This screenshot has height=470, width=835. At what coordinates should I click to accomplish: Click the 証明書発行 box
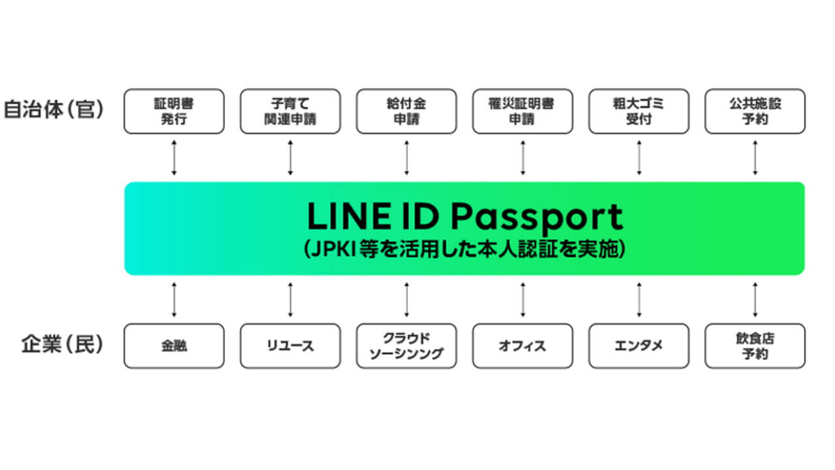[174, 112]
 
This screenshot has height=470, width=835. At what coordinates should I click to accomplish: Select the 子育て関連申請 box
[290, 112]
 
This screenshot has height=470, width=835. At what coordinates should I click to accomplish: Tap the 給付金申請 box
[406, 112]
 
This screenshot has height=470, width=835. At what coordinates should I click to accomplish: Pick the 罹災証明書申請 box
[523, 112]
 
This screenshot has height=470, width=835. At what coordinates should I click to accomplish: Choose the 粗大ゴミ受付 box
[639, 112]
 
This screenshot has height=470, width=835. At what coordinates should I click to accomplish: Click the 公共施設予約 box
[755, 112]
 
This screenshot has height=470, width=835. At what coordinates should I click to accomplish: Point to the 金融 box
[174, 346]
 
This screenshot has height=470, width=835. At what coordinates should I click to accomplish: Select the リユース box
[290, 346]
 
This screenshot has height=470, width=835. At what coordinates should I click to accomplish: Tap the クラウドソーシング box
[406, 346]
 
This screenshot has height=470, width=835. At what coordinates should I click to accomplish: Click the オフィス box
[523, 346]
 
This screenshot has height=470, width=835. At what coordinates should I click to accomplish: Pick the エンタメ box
[639, 346]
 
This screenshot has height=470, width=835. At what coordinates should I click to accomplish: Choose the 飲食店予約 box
[755, 346]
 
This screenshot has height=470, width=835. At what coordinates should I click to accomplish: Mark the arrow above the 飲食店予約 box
[755, 300]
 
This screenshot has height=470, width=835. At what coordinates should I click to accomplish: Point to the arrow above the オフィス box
[523, 300]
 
